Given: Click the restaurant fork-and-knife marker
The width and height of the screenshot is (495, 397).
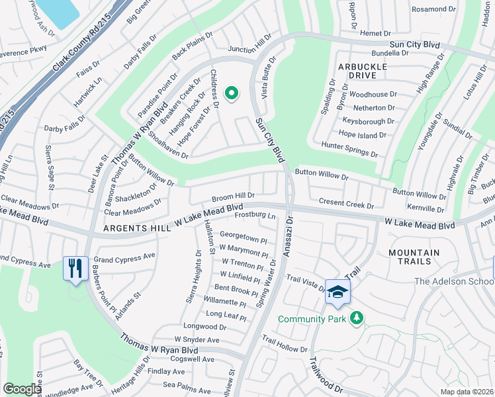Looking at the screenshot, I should [x=75, y=269].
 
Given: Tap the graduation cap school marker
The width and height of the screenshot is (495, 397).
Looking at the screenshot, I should [x=337, y=292].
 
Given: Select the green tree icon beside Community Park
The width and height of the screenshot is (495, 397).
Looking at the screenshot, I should [x=357, y=319].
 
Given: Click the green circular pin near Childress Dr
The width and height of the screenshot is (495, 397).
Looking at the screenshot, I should [x=231, y=94].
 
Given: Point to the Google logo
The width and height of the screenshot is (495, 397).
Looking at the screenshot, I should [x=22, y=389].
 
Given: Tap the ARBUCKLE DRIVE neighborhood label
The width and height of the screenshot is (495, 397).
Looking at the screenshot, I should [x=362, y=71].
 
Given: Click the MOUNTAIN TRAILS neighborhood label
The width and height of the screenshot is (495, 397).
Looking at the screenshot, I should [x=414, y=258].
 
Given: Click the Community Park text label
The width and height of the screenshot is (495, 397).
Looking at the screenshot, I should [x=312, y=319].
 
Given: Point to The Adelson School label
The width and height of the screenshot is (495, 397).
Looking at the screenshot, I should [x=453, y=282].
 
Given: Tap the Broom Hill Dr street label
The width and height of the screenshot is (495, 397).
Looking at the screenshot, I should [x=233, y=197].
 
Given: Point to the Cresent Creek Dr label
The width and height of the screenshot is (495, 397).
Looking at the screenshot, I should [x=346, y=202].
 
